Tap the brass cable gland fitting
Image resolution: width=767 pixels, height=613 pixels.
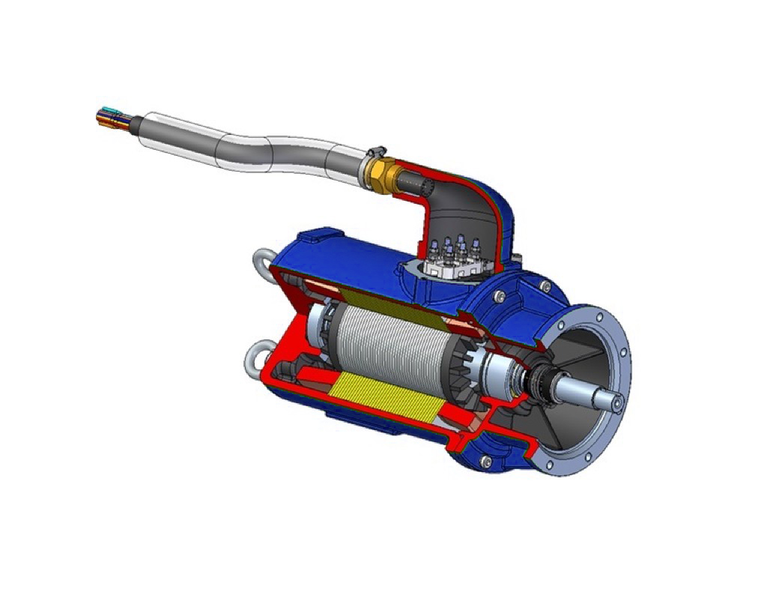point(378,172)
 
